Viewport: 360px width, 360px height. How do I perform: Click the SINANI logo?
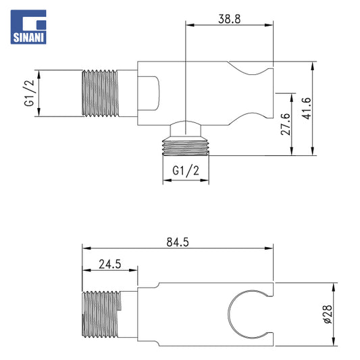point(28,27)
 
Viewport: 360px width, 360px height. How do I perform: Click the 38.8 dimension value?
point(230,19)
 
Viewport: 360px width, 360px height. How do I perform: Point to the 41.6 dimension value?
point(306,108)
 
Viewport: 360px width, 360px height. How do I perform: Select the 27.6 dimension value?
point(286,124)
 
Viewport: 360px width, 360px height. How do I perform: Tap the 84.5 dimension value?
point(178,242)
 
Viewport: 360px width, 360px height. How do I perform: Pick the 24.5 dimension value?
point(110,264)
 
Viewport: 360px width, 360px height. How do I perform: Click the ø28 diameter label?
point(328,314)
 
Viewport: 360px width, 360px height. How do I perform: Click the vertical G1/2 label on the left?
point(29,93)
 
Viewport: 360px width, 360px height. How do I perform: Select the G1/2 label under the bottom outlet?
point(186,171)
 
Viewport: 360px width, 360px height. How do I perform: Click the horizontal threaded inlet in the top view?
point(101,93)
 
